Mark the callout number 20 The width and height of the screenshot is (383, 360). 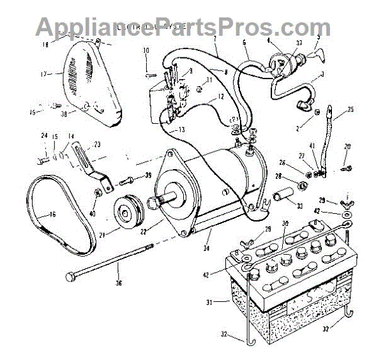pyautogui.click(x=347, y=147)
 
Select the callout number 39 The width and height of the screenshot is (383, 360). pyautogui.click(x=147, y=176)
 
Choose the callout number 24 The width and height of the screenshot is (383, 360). pyautogui.click(x=44, y=135)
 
